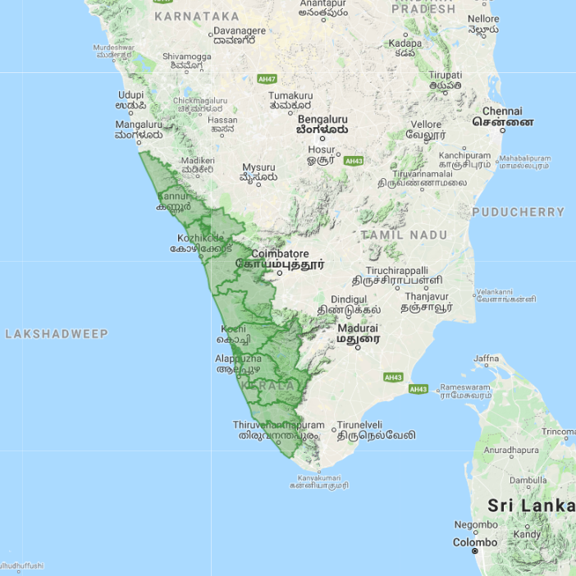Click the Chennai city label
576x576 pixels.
(502, 112)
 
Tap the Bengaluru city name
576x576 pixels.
(322, 118)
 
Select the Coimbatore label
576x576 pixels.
(280, 254)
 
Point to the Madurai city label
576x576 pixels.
(358, 328)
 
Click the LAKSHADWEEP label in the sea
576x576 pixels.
(57, 334)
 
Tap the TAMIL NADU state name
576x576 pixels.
(405, 235)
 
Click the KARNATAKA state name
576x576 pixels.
(197, 16)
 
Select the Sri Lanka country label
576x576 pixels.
(531, 505)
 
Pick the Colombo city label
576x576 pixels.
(475, 542)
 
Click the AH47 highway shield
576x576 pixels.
(267, 79)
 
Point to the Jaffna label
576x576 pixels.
(486, 359)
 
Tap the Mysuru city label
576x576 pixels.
(258, 167)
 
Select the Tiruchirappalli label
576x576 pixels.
(397, 271)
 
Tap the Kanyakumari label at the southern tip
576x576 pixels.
(318, 478)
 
